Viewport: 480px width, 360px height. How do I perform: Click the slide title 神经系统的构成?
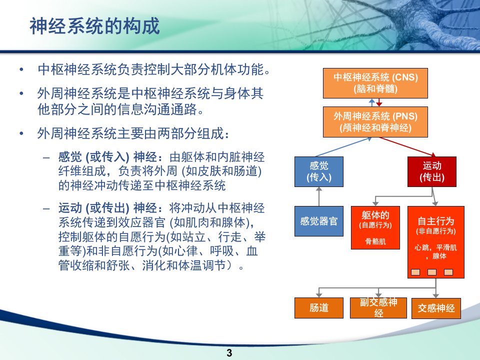(94, 26)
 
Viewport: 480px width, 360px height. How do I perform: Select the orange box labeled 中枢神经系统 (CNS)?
(375, 83)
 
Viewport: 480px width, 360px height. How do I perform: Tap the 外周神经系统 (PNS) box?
(375, 122)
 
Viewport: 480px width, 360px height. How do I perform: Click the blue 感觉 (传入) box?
(319, 171)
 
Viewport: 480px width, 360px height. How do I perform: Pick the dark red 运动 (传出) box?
(432, 171)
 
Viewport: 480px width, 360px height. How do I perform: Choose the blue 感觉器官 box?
(319, 221)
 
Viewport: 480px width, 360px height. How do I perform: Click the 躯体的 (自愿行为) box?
(375, 227)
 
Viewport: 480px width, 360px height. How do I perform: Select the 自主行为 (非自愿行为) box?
(436, 242)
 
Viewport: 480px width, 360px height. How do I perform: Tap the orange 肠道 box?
(319, 308)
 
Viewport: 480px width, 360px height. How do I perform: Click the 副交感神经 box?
(378, 308)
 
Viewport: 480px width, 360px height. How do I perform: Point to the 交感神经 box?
(436, 308)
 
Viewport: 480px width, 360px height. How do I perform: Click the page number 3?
(229, 352)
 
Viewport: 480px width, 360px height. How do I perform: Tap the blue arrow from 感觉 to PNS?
(343, 147)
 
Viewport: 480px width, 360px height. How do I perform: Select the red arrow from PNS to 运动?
(407, 147)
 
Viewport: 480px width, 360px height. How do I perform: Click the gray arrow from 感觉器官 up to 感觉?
(319, 196)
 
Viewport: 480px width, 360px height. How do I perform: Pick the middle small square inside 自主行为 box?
(432, 272)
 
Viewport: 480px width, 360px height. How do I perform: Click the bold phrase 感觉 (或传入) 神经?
(108, 157)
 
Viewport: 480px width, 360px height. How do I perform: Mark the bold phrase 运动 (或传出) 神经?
(108, 208)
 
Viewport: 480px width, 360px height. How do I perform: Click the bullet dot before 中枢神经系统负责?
(21, 70)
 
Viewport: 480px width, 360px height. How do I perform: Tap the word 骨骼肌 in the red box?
(375, 241)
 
